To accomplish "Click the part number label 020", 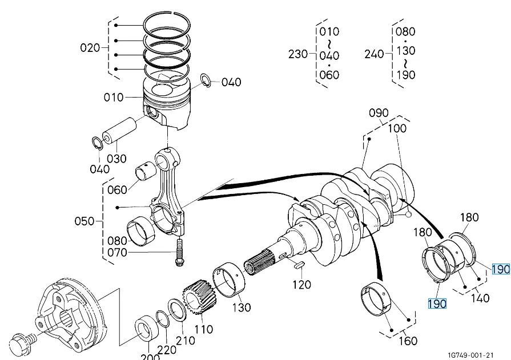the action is point(90,48).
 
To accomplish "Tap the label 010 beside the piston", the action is point(114,98).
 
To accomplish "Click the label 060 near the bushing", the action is point(117,189).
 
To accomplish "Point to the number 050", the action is point(85,221).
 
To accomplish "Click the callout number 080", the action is point(117,241).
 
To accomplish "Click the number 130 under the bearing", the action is point(242,307).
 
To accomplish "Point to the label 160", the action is point(408,341).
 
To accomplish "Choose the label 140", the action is point(480,298).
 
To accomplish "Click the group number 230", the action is point(298,54).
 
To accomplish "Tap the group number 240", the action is point(375,54).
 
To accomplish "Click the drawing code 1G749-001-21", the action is point(471,355).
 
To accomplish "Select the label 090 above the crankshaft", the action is point(379,113).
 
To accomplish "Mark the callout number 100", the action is point(397,128).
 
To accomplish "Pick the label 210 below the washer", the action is point(186,341).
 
